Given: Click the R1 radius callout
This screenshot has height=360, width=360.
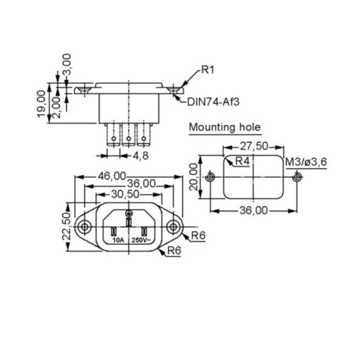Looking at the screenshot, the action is click(208, 70).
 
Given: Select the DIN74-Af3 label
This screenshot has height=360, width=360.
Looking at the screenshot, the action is click(213, 102).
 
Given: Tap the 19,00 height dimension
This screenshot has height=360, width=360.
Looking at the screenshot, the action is click(41, 104).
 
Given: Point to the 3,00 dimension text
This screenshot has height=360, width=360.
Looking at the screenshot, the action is click(67, 64).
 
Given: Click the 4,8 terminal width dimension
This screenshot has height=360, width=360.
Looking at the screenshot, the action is click(141, 155).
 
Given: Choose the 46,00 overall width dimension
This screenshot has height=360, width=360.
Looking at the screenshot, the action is click(112, 176).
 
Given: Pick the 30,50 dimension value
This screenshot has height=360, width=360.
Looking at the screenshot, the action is click(125, 194).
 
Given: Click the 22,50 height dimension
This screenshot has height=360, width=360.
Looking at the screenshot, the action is click(67, 226).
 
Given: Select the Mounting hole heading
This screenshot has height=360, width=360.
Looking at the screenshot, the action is click(225, 127).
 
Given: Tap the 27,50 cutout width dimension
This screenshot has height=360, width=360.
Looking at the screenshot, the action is click(254, 146).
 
